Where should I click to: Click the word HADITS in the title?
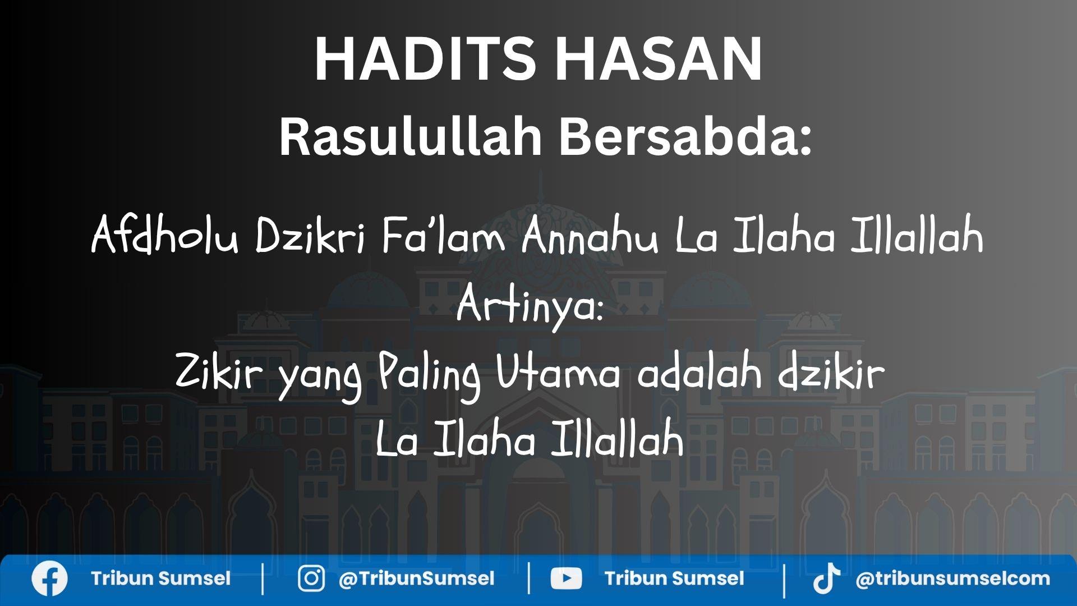click(x=418, y=59)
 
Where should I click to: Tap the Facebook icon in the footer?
click(x=49, y=579)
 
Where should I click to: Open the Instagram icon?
click(x=311, y=579)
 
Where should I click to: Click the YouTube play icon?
click(x=565, y=579)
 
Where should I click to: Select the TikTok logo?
click(x=826, y=579)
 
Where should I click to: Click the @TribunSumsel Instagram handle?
click(x=416, y=579)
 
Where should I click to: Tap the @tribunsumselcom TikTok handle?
click(x=952, y=579)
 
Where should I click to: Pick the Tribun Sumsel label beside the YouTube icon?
click(x=674, y=579)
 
